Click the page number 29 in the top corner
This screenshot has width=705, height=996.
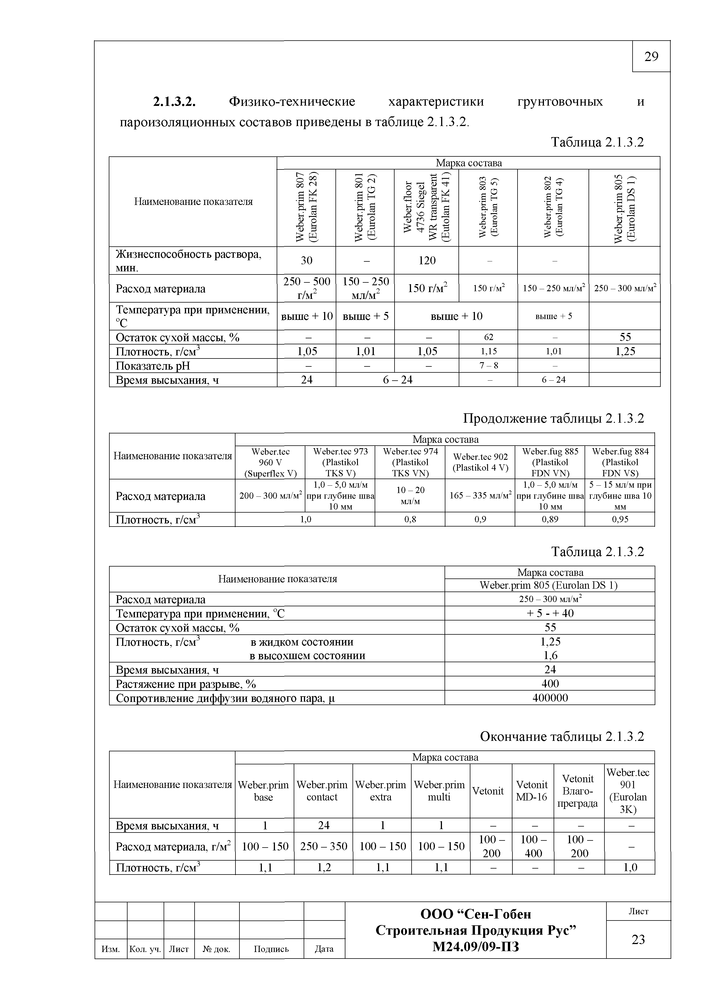click(x=651, y=57)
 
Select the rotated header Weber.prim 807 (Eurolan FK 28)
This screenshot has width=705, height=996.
click(x=306, y=207)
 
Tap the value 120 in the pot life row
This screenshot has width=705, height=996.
click(x=426, y=260)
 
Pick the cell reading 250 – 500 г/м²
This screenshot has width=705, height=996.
click(x=306, y=288)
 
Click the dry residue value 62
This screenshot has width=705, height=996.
click(x=488, y=337)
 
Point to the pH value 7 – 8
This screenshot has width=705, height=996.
click(x=488, y=366)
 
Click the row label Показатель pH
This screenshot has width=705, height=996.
click(x=153, y=366)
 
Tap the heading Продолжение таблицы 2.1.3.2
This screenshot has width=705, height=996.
click(x=553, y=419)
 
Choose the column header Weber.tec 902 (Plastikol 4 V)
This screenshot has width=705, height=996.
click(x=480, y=462)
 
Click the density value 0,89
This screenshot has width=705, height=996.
click(x=550, y=519)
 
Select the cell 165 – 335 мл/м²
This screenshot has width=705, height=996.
click(x=480, y=495)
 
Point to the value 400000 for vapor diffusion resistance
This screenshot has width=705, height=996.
click(x=550, y=698)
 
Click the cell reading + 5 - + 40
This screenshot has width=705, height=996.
click(x=550, y=613)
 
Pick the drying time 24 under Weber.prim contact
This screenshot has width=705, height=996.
click(x=324, y=825)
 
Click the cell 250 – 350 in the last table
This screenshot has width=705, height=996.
click(x=324, y=846)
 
